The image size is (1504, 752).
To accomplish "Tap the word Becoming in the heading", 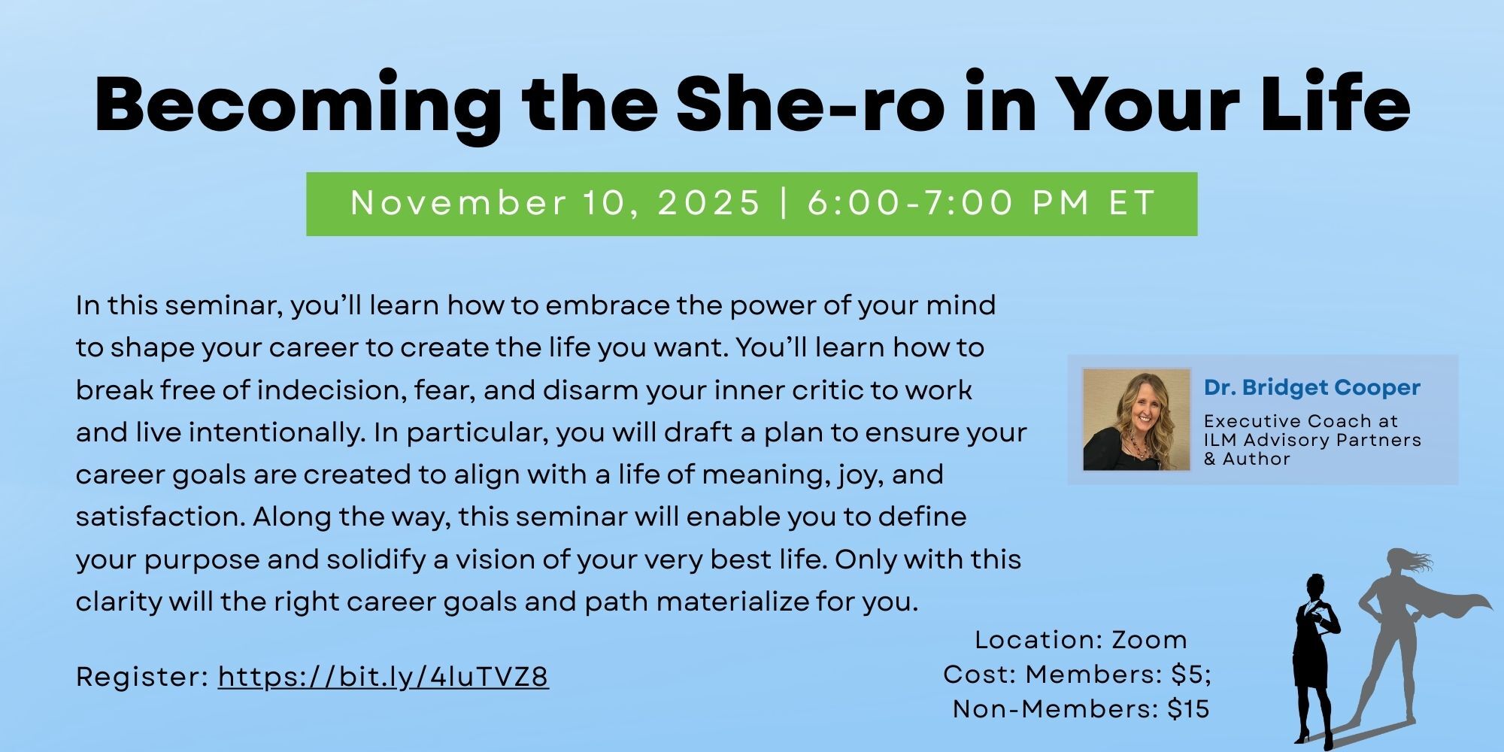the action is pos(298,105).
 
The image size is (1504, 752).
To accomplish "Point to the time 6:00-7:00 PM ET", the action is pos(981,203).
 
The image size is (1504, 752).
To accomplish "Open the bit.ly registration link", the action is pos(384,677).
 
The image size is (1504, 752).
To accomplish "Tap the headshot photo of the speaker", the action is pos(1136,420).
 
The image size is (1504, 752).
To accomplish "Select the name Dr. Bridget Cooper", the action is pos(1312,387).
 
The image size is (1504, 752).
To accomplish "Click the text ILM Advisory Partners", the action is pos(1313,440).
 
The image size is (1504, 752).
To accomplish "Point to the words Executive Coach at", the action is pos(1301,420).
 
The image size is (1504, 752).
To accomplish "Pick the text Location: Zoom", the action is pos(1081,640).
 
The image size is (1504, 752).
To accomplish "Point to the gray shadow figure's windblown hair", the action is pos(1410,561).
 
